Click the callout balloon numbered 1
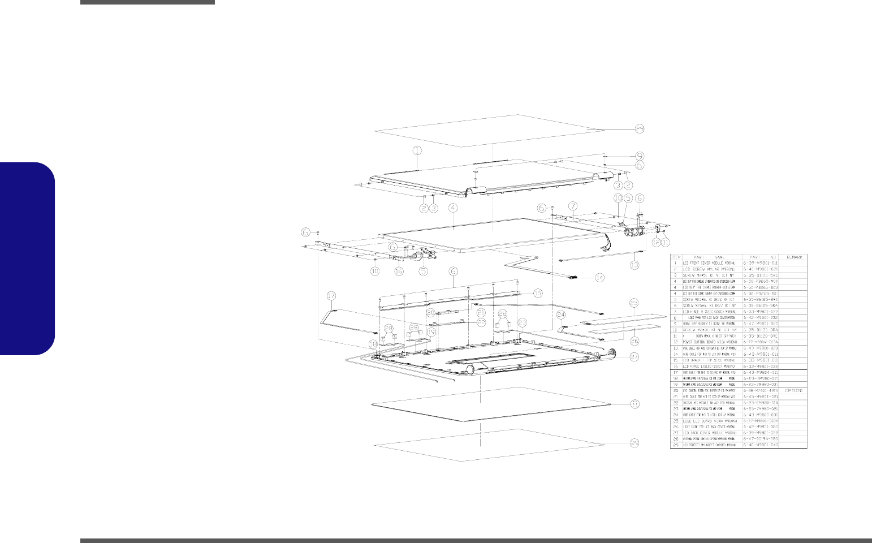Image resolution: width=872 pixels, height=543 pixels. (417, 150)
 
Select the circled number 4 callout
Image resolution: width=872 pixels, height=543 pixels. (452, 208)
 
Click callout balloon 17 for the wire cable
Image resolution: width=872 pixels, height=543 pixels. (332, 295)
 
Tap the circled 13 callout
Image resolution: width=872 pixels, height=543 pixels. (636, 265)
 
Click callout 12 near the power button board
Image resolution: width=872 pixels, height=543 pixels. (655, 242)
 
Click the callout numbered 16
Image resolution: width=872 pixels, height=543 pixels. (399, 271)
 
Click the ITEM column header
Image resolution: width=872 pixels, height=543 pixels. (676, 257)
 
